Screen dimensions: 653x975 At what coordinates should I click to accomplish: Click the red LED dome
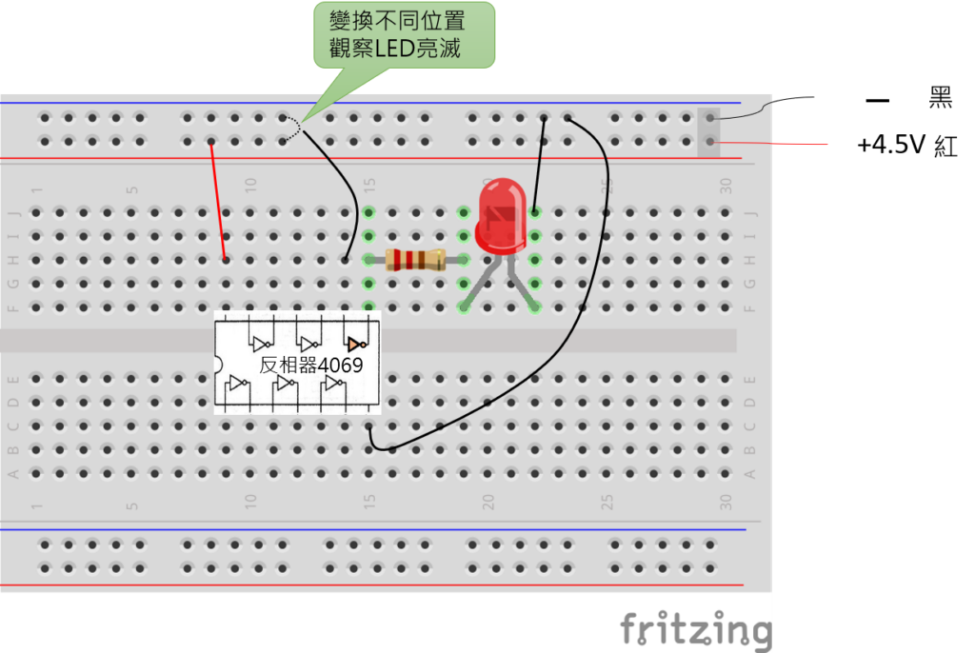(x=502, y=215)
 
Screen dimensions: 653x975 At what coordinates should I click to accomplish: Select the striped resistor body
(x=415, y=259)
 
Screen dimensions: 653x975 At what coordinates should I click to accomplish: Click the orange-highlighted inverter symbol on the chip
(x=356, y=343)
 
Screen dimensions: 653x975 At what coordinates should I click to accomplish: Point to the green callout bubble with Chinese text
(x=404, y=35)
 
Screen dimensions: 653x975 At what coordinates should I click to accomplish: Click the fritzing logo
(x=696, y=631)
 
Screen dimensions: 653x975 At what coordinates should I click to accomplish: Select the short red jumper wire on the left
(x=218, y=200)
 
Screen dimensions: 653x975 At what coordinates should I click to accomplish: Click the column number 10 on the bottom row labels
(x=251, y=501)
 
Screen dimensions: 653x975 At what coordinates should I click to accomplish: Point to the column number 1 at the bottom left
(x=37, y=502)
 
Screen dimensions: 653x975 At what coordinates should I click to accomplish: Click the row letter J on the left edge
(x=13, y=212)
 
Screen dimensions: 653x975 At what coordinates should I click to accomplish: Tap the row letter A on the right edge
(x=749, y=473)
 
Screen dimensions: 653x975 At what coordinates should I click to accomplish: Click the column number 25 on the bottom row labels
(x=607, y=501)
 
